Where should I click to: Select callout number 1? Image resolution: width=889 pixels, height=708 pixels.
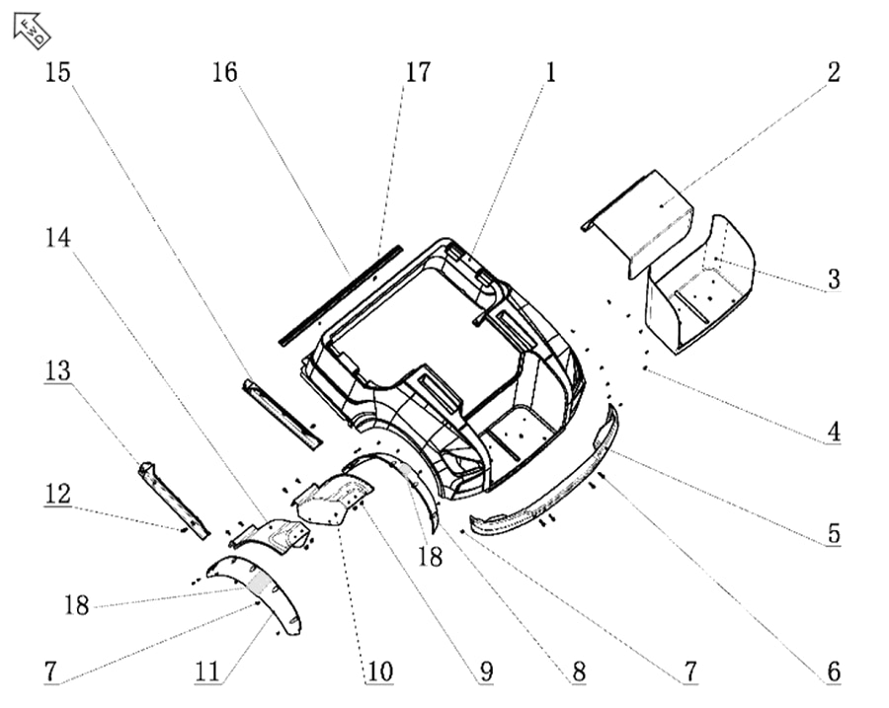[550, 74]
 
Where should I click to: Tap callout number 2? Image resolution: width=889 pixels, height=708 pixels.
[833, 74]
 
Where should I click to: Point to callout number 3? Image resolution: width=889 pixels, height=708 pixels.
[833, 279]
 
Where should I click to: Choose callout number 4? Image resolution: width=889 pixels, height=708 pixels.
[833, 432]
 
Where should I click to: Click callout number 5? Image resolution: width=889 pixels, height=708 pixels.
[833, 534]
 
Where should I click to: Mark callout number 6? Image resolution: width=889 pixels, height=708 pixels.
[833, 672]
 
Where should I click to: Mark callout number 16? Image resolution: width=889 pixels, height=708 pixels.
[225, 74]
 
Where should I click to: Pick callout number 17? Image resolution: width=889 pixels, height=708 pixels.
[418, 74]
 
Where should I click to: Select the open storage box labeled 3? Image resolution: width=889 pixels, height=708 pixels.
[701, 286]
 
